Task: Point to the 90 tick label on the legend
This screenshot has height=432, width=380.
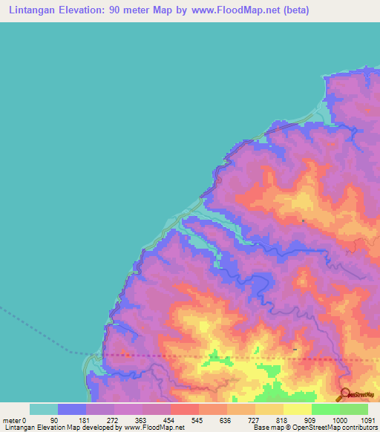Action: [54, 420]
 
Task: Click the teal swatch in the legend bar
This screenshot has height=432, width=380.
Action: [44, 409]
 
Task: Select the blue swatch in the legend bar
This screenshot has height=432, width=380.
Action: [72, 409]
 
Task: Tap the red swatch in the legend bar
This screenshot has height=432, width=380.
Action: [185, 409]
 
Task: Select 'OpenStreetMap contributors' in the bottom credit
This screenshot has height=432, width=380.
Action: [336, 428]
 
